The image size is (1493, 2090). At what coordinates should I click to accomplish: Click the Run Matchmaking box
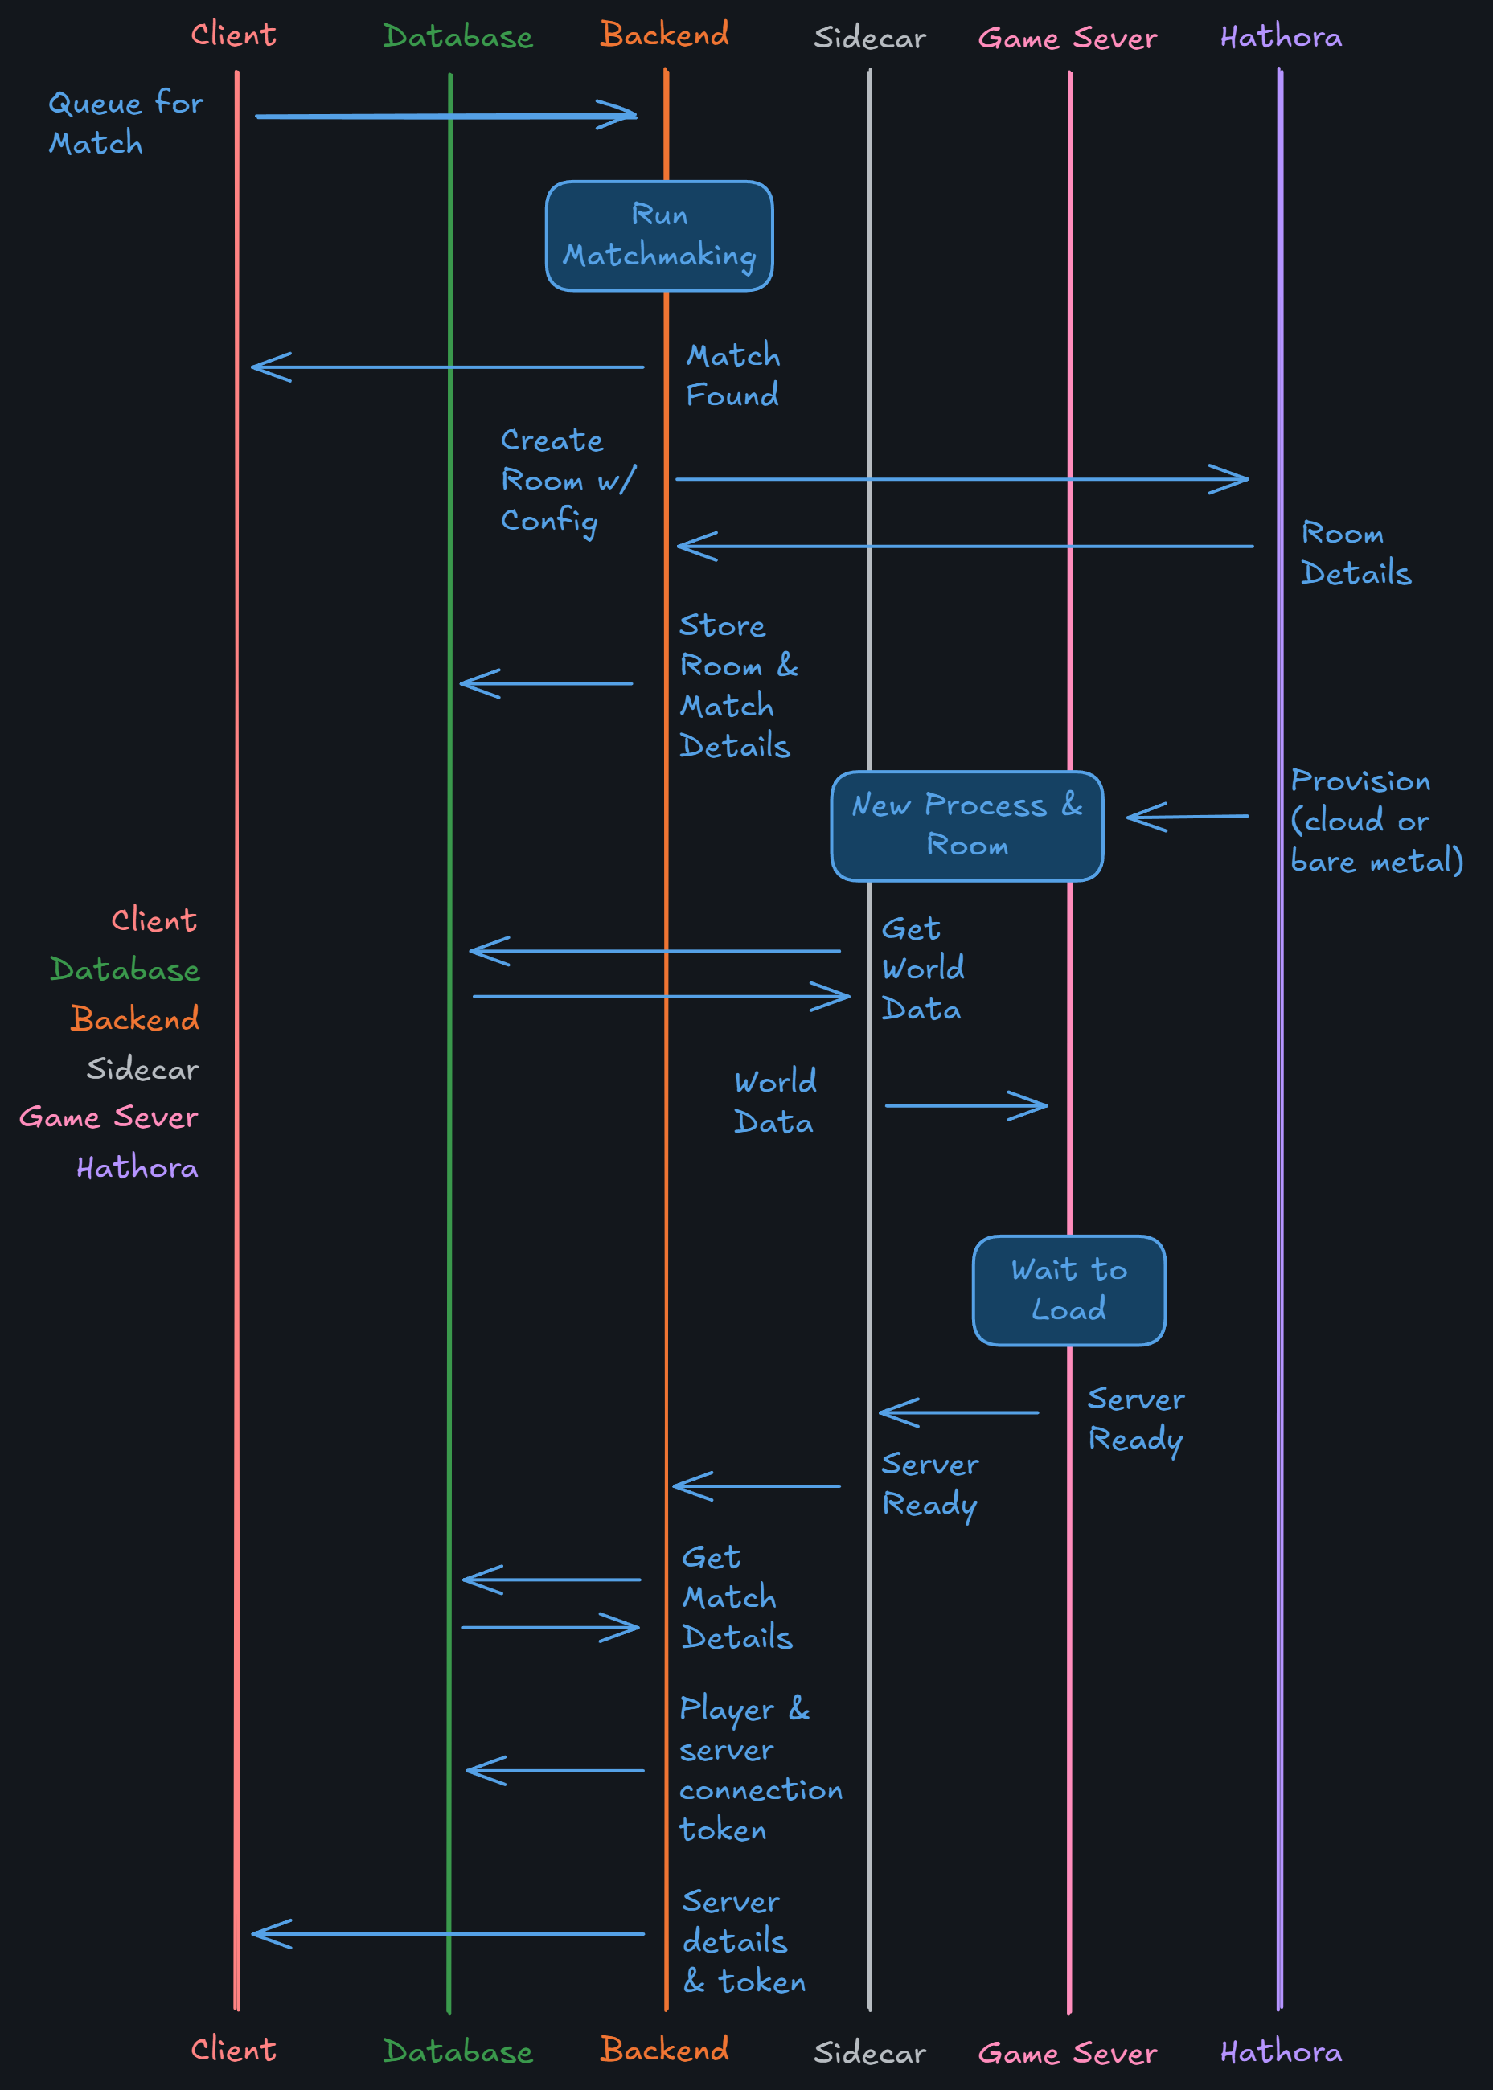[x=659, y=236]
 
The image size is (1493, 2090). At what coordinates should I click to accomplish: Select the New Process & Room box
[x=966, y=826]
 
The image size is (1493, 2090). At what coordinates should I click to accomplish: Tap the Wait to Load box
[x=1068, y=1289]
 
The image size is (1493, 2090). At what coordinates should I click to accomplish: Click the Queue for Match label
[x=125, y=123]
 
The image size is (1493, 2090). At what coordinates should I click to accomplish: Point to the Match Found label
[x=732, y=375]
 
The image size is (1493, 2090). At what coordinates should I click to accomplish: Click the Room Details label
[x=1355, y=552]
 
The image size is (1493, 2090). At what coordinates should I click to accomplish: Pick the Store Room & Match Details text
[x=737, y=686]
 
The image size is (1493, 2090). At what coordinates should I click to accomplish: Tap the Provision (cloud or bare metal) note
[x=1376, y=821]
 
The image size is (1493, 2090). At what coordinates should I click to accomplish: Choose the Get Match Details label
[x=736, y=1597]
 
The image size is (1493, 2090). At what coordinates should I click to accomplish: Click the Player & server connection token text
[x=760, y=1769]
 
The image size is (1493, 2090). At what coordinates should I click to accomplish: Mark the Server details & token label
[x=743, y=1941]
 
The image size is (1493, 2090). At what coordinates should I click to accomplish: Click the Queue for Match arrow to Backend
[x=446, y=116]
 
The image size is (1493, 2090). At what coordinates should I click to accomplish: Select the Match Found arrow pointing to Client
[x=448, y=367]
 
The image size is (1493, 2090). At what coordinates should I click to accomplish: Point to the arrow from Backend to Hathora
[x=962, y=479]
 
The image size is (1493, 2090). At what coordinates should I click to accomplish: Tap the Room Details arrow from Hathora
[x=966, y=546]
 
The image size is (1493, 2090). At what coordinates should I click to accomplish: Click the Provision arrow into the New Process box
[x=1187, y=816]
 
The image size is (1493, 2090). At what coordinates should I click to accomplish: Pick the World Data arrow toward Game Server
[x=966, y=1105]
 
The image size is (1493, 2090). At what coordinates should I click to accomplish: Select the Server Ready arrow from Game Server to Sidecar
[x=959, y=1412]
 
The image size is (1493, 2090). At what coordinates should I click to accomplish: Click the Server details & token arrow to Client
[x=448, y=1934]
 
